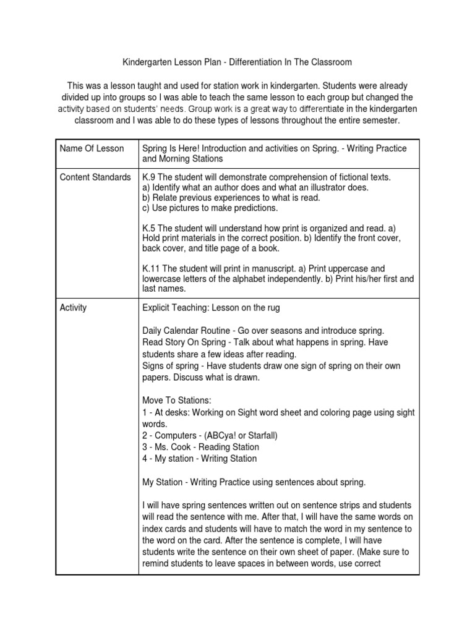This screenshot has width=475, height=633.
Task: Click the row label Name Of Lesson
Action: (91, 148)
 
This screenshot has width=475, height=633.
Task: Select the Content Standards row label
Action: (95, 177)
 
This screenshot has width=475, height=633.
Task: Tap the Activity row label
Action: (74, 307)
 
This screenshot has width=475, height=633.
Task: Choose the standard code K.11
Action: (152, 268)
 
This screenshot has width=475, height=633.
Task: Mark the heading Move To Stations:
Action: (177, 400)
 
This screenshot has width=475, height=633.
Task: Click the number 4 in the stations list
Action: (145, 459)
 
